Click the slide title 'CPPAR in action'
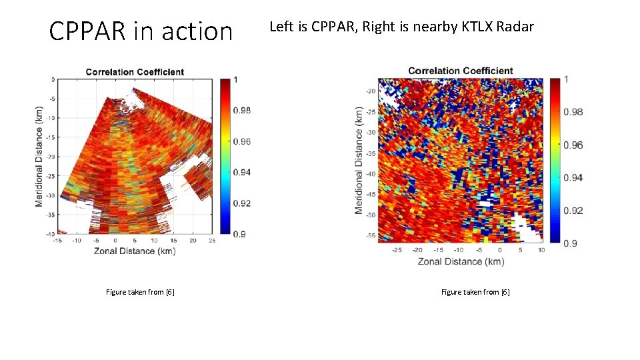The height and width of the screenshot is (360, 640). (x=141, y=31)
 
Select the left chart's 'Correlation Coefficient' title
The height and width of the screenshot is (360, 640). (x=135, y=72)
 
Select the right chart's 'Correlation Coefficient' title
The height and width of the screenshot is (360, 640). (x=460, y=71)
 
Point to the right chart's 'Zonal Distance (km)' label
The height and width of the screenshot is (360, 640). (x=461, y=261)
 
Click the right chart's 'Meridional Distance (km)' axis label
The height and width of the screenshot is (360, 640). (x=359, y=160)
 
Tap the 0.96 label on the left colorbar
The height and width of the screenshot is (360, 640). (x=241, y=141)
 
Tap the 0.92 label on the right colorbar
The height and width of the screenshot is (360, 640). (x=573, y=211)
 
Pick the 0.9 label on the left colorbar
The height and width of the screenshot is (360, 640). (x=239, y=233)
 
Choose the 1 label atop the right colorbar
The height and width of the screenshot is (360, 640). (x=566, y=79)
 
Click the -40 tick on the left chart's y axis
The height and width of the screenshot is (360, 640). (x=50, y=234)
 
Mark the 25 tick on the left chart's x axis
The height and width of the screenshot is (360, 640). (x=212, y=240)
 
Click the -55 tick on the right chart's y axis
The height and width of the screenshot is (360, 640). (x=371, y=236)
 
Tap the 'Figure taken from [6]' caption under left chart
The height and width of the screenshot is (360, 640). (x=140, y=292)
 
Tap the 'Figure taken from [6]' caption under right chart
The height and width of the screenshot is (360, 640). (x=475, y=292)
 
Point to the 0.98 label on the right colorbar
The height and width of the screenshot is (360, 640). (x=573, y=112)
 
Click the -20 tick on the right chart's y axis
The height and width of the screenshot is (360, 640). (x=371, y=91)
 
